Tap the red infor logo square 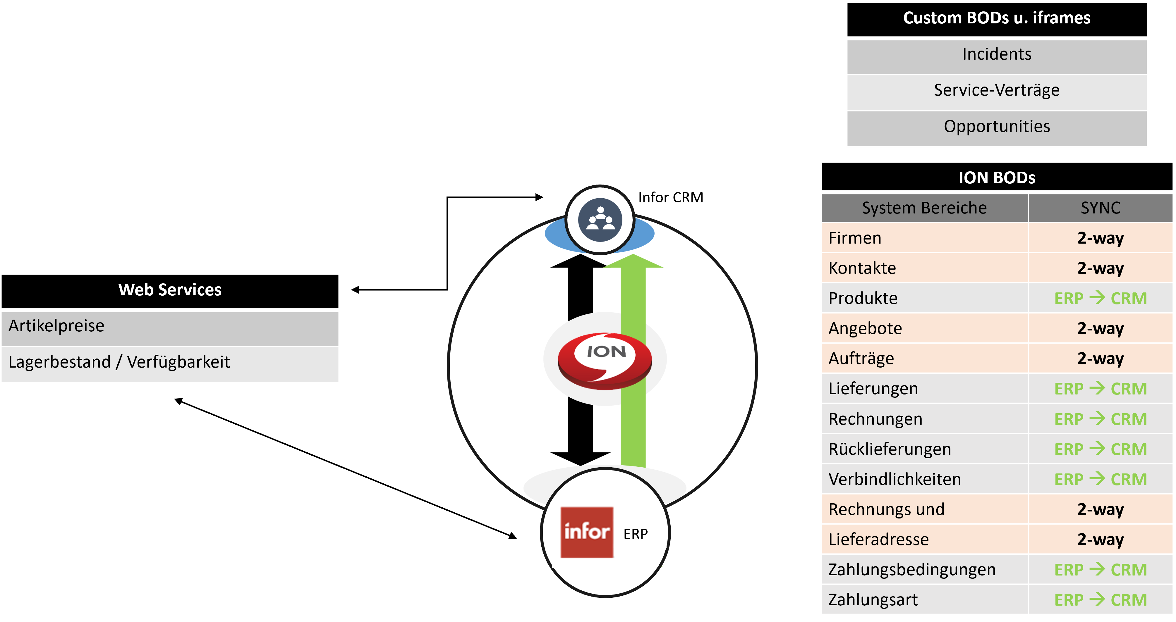tap(587, 532)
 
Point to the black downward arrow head tap(580, 458)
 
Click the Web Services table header tap(170, 290)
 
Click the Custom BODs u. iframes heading tap(997, 18)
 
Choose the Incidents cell tap(997, 54)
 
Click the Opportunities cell tap(997, 126)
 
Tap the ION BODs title tap(997, 178)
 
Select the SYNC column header tap(1100, 208)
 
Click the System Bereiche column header tap(924, 208)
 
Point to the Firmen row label tap(855, 238)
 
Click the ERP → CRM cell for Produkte tap(1100, 299)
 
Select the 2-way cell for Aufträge tap(1100, 359)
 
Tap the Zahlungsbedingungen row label tap(912, 570)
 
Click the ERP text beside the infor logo tap(636, 534)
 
